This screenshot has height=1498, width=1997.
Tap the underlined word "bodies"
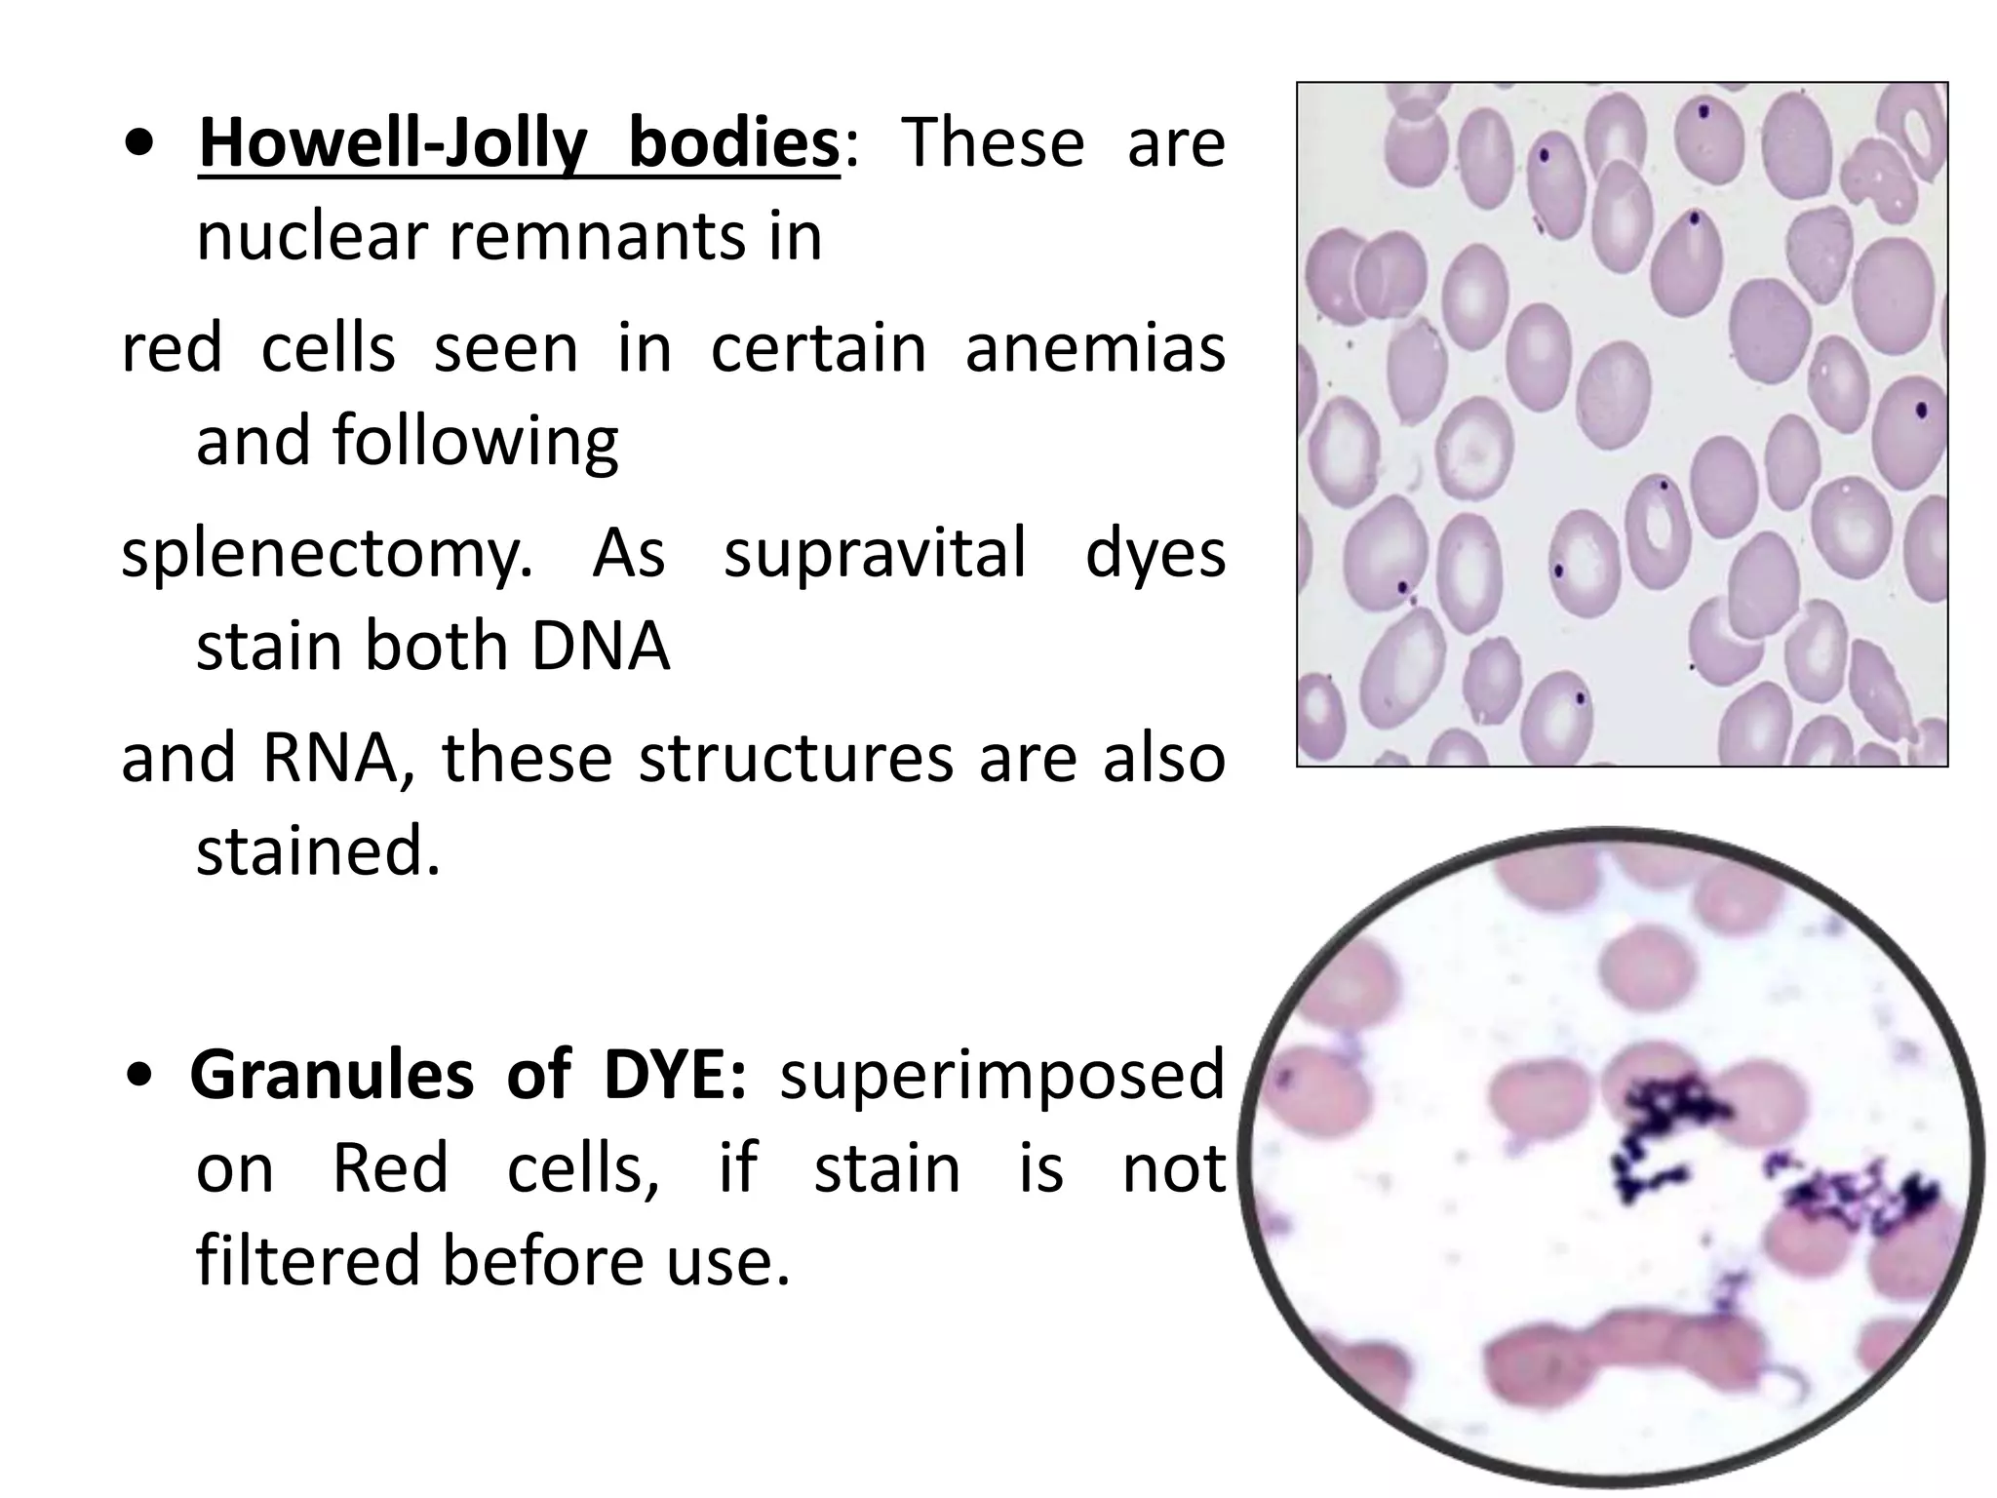pos(733,143)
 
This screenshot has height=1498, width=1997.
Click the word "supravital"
pos(875,552)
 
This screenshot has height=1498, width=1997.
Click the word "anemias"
pos(1094,348)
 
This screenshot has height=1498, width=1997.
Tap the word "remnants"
pos(635,236)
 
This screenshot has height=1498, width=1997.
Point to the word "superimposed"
pos(1000,1076)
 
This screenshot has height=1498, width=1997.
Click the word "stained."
pos(319,850)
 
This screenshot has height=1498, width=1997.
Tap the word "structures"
pos(796,758)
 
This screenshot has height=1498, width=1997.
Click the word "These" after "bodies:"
pos(992,143)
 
